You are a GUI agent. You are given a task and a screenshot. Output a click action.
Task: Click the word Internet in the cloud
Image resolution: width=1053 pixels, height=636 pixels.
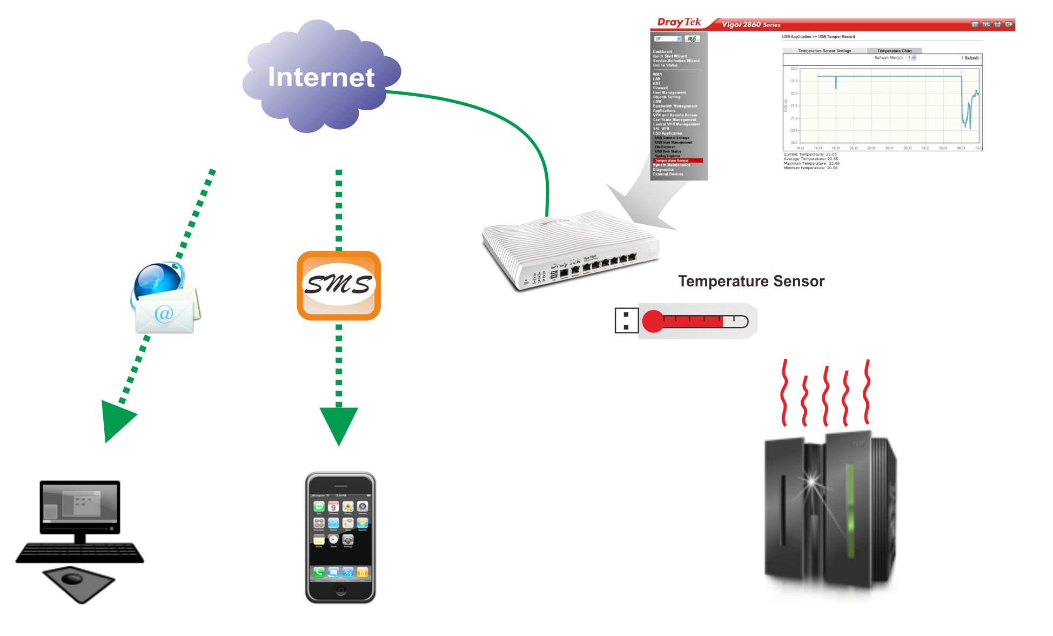click(321, 77)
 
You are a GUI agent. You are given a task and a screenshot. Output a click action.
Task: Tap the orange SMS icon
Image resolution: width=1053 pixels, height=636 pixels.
click(339, 285)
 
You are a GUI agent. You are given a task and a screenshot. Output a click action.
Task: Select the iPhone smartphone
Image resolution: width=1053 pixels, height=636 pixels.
click(340, 537)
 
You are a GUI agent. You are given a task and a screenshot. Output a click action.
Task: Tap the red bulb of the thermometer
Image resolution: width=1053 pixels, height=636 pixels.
click(653, 321)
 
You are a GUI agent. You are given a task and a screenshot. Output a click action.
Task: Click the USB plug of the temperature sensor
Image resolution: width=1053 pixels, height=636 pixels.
click(626, 320)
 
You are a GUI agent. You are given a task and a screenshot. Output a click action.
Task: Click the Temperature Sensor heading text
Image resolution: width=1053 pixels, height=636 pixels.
click(751, 282)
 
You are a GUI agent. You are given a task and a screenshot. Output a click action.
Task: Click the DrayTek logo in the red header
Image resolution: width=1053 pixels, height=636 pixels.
click(679, 22)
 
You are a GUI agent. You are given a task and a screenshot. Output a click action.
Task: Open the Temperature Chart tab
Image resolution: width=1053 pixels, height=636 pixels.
click(894, 51)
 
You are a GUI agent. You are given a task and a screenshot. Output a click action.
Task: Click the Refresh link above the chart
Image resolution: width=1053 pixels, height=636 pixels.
click(971, 58)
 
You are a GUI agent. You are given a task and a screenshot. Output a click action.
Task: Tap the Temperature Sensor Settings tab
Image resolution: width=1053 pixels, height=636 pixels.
click(824, 51)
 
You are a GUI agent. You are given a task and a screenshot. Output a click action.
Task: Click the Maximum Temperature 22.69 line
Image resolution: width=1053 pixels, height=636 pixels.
click(811, 163)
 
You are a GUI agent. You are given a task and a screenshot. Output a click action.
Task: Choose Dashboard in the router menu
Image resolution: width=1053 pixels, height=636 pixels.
click(662, 52)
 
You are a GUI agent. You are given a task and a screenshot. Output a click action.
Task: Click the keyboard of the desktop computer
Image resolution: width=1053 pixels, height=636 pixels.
click(80, 552)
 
